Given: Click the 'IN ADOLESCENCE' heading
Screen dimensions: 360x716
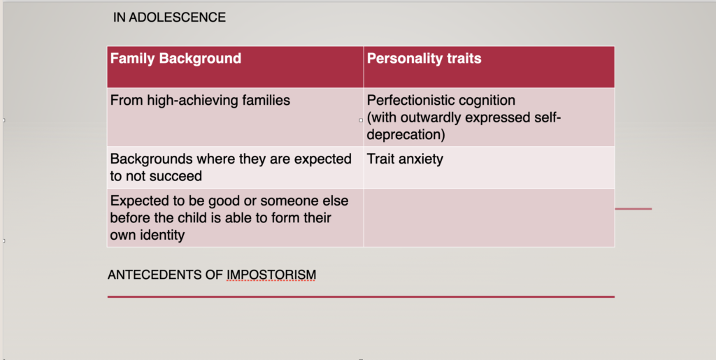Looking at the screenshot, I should click(169, 17).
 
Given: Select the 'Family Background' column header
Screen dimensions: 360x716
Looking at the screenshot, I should click(176, 59).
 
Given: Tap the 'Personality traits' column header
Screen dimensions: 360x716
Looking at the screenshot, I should click(424, 59).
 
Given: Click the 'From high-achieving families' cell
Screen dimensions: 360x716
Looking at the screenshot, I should click(200, 100).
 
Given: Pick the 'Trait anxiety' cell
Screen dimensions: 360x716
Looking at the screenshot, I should click(405, 159).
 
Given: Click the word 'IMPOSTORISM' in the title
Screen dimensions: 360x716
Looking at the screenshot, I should click(271, 275).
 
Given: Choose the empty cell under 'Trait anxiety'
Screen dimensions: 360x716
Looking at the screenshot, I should click(489, 217).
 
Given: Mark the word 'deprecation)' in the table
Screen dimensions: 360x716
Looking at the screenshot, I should click(406, 134).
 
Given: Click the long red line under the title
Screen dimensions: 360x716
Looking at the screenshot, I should click(361, 297).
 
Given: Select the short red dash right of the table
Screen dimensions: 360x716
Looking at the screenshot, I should click(633, 209).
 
